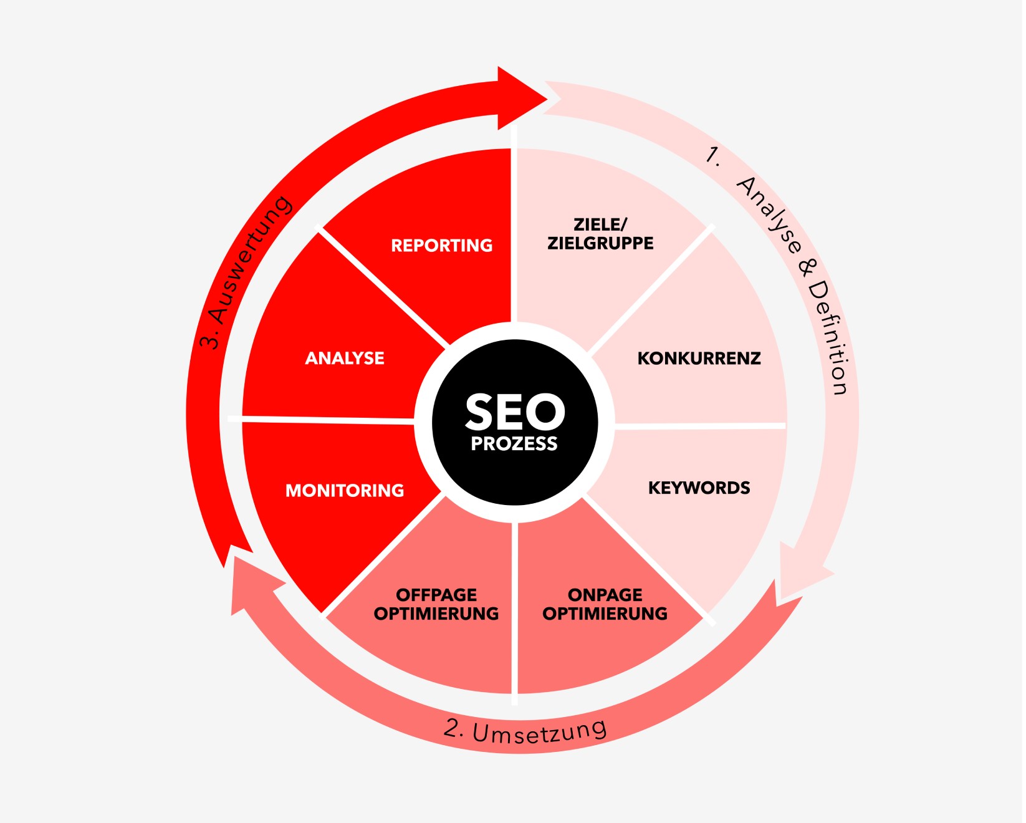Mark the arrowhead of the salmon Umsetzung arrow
(x=252, y=587)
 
